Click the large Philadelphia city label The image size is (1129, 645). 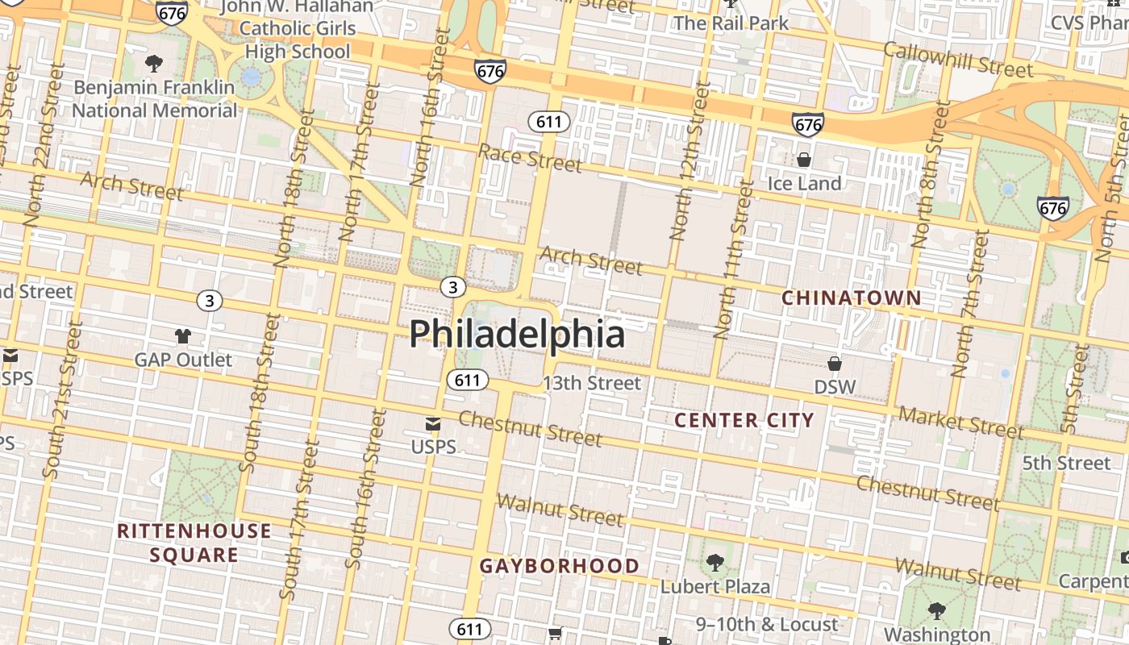tap(517, 334)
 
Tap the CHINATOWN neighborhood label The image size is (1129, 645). tap(852, 298)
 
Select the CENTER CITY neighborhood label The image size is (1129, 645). tap(744, 420)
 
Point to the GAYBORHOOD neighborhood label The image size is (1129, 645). tap(560, 566)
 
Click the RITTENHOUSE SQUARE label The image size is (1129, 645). tap(194, 543)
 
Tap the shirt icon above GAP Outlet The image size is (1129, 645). tap(183, 336)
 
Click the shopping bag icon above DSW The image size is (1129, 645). tap(835, 364)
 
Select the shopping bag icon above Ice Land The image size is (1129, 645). tap(804, 160)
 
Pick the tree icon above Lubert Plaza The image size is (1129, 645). tap(714, 562)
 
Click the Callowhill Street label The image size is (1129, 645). tap(958, 60)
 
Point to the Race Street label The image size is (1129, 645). tap(530, 158)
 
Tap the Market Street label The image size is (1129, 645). tap(960, 422)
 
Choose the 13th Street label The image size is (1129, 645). tap(592, 383)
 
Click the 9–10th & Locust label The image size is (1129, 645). tap(767, 624)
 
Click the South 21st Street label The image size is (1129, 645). tap(63, 400)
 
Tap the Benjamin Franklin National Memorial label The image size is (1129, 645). tap(156, 98)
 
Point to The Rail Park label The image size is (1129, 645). tap(731, 23)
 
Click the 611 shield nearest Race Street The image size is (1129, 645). tap(549, 123)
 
